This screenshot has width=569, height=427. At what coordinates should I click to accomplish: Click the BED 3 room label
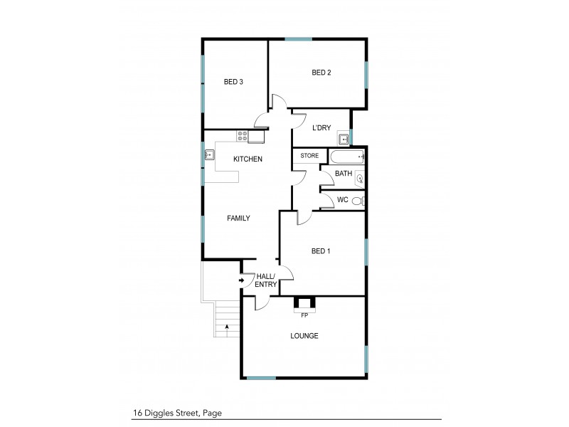234,82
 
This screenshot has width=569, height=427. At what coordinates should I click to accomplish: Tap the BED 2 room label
322,73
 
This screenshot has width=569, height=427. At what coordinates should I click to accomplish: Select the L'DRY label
323,128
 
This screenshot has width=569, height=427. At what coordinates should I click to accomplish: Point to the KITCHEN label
248,159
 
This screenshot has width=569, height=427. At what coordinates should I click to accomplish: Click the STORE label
309,155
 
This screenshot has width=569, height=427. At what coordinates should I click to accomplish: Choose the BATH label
344,173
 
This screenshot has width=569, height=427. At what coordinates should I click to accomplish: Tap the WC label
343,200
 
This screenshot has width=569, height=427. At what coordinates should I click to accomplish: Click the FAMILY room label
238,218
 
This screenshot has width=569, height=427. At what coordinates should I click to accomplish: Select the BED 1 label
322,251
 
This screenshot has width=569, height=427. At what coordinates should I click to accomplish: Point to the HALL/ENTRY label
266,280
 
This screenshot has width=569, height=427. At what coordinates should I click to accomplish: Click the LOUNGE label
304,336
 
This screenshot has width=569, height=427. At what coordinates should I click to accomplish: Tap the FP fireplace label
304,314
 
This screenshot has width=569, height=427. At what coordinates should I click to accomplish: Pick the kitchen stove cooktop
243,134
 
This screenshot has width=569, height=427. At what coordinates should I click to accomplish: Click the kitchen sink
211,153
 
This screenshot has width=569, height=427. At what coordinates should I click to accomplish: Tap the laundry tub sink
344,139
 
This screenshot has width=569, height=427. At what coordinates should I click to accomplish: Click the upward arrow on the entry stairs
227,329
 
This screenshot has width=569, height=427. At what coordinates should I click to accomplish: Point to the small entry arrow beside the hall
242,281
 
